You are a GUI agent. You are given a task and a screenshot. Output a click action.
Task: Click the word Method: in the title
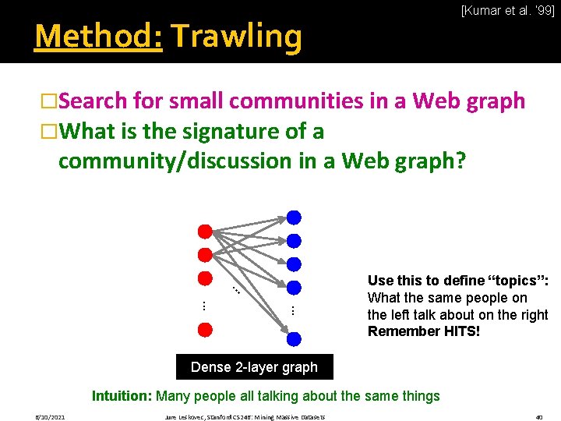[98, 36]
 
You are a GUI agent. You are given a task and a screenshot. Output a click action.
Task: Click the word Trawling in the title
[236, 36]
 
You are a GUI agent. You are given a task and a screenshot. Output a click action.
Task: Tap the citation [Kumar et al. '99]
[507, 11]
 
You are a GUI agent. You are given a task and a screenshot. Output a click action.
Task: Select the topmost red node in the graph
[205, 232]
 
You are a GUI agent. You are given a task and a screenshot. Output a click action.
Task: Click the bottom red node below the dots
[205, 329]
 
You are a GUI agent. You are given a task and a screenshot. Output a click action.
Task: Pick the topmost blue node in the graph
[294, 218]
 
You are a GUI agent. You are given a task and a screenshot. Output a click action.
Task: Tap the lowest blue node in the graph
[294, 338]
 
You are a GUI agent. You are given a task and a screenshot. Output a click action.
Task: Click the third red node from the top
[205, 278]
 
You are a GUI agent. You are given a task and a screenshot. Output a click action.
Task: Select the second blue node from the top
[294, 240]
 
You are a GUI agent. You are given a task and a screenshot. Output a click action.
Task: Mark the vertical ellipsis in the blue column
[293, 310]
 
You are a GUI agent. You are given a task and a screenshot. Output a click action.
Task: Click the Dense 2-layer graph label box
[254, 366]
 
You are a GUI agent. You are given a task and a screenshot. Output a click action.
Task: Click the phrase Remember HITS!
[424, 331]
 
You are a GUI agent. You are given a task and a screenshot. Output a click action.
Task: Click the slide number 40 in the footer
[538, 417]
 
